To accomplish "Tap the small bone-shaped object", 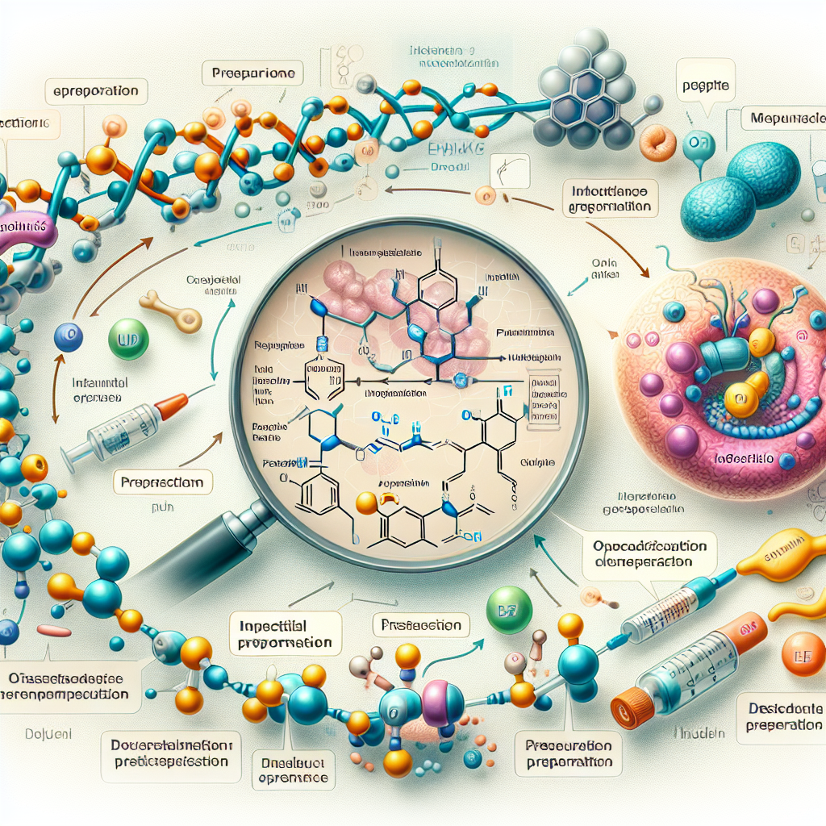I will coord(171,311).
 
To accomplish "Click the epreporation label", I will coord(97,90).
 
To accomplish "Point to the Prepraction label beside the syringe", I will coord(163,483).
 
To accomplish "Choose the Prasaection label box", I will coord(422,625).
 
